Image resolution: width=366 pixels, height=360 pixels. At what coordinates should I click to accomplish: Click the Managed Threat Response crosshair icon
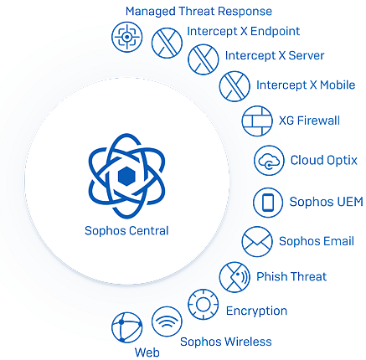point(127,37)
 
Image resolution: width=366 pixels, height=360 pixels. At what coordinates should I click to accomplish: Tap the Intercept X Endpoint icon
point(167,43)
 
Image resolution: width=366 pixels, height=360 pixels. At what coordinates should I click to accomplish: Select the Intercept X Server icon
point(204,59)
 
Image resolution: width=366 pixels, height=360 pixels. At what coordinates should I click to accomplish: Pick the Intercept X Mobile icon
point(235,86)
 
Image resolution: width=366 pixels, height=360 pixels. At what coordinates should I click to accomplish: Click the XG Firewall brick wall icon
point(257,121)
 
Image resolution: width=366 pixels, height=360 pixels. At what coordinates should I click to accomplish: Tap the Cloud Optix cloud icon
point(269,161)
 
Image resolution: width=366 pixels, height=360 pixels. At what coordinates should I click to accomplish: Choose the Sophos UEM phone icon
point(268,203)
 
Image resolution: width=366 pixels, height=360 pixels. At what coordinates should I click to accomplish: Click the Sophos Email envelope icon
point(257,242)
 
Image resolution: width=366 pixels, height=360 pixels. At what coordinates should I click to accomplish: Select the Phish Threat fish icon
point(235,277)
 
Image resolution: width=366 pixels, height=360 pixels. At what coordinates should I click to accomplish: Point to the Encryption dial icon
point(204,304)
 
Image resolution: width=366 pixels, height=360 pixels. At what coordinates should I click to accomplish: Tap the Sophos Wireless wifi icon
point(167,321)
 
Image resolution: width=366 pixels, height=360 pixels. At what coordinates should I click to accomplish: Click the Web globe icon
point(127,327)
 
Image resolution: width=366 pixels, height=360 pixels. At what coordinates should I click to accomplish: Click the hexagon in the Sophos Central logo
point(127,177)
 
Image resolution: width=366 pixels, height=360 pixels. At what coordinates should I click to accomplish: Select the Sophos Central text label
point(126,231)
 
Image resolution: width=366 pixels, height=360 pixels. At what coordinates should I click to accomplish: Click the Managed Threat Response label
point(198,12)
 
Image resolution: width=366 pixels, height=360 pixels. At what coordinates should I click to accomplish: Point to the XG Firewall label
point(310,121)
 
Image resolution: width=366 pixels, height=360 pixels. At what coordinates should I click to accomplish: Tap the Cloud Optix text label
point(324,161)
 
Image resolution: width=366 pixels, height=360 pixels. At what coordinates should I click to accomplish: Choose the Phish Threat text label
point(291,277)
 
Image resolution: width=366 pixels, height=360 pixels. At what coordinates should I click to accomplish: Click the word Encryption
point(256,311)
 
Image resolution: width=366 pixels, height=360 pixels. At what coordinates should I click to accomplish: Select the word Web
point(147,352)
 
